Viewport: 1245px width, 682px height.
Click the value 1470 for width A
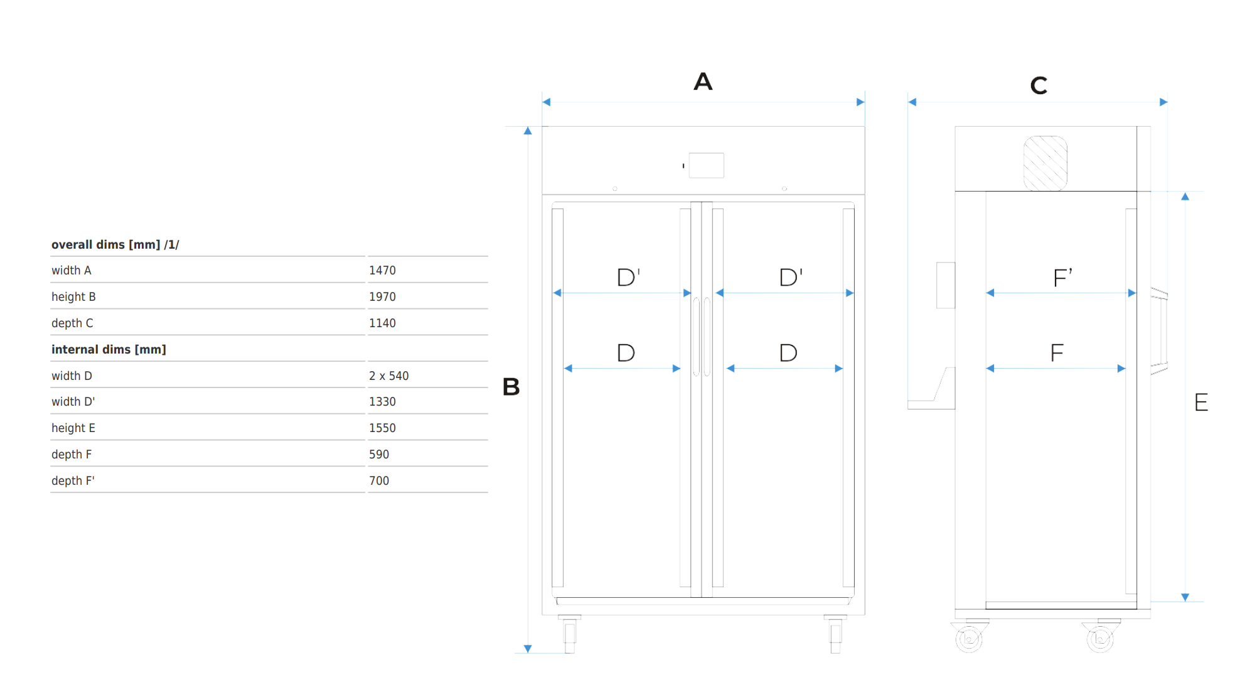pyautogui.click(x=382, y=271)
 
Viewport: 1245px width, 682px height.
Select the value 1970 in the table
pyautogui.click(x=382, y=297)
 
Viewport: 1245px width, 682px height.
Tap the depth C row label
pyautogui.click(x=72, y=323)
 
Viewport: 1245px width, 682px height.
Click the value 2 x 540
pyautogui.click(x=388, y=376)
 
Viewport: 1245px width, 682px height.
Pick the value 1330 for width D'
pyautogui.click(x=382, y=402)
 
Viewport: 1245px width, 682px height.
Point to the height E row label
pyautogui.click(x=73, y=428)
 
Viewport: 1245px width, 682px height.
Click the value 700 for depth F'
pyautogui.click(x=379, y=481)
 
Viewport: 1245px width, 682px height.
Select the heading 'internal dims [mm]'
pyautogui.click(x=109, y=350)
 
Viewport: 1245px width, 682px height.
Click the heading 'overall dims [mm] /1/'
pyautogui.click(x=115, y=245)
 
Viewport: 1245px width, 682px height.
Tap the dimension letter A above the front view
pyautogui.click(x=703, y=82)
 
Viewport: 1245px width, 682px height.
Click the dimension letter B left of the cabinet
pyautogui.click(x=511, y=387)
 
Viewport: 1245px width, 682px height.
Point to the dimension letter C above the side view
pyautogui.click(x=1039, y=85)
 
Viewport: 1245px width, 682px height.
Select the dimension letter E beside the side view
pyautogui.click(x=1201, y=402)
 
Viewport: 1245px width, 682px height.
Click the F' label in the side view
pyautogui.click(x=1062, y=278)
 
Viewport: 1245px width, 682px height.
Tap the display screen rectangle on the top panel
pyautogui.click(x=707, y=165)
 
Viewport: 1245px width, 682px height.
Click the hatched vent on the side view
pyautogui.click(x=1045, y=163)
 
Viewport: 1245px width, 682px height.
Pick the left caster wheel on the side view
pyautogui.click(x=969, y=638)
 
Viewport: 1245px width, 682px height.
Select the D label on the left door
pyautogui.click(x=626, y=353)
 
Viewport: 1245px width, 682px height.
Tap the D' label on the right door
pyautogui.click(x=791, y=277)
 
